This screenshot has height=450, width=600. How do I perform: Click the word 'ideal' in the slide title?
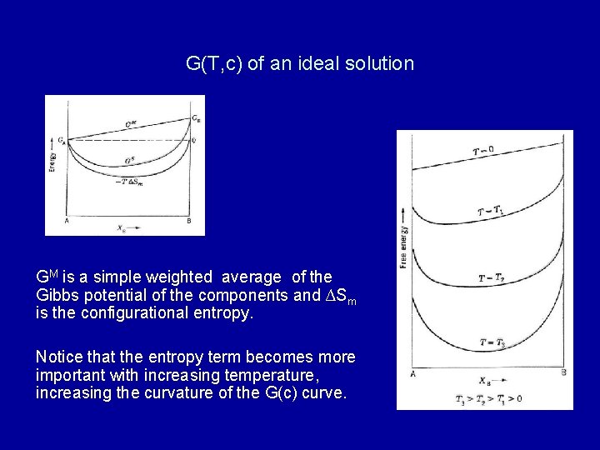(x=317, y=63)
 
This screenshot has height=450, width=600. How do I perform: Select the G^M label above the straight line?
(x=132, y=124)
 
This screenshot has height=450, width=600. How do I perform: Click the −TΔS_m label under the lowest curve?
(x=130, y=181)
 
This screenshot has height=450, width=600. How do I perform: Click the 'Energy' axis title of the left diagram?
(x=53, y=158)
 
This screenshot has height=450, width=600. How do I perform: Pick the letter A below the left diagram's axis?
(x=67, y=221)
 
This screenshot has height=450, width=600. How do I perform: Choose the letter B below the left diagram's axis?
(x=190, y=221)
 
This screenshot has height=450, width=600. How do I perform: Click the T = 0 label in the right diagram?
(x=482, y=151)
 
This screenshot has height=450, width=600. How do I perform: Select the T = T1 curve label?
(x=490, y=212)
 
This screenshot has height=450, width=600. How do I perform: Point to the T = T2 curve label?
(x=491, y=277)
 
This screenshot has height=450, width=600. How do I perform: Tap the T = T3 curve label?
(x=492, y=342)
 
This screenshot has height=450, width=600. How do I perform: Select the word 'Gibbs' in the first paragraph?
(x=60, y=296)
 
